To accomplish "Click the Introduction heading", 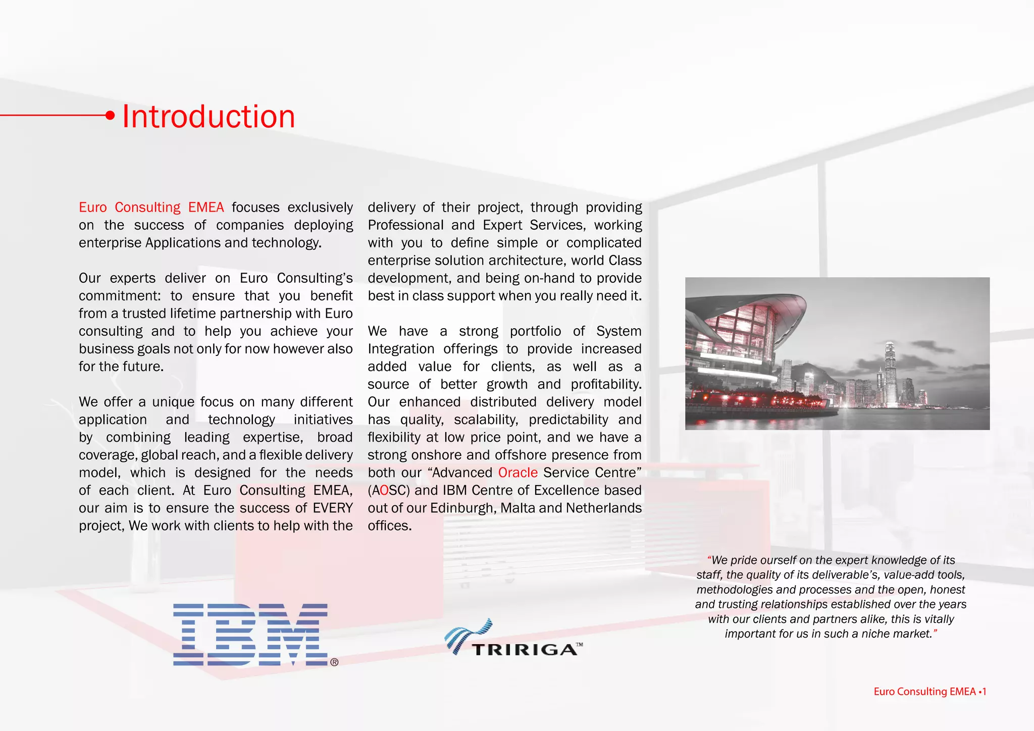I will tap(209, 117).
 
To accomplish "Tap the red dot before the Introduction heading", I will tap(110, 116).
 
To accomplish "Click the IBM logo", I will tap(250, 635).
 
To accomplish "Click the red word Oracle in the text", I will tap(518, 473).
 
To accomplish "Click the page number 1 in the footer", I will tap(984, 692).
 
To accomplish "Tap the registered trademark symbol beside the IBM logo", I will tap(334, 662).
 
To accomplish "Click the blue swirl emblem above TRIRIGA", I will tap(468, 634).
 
